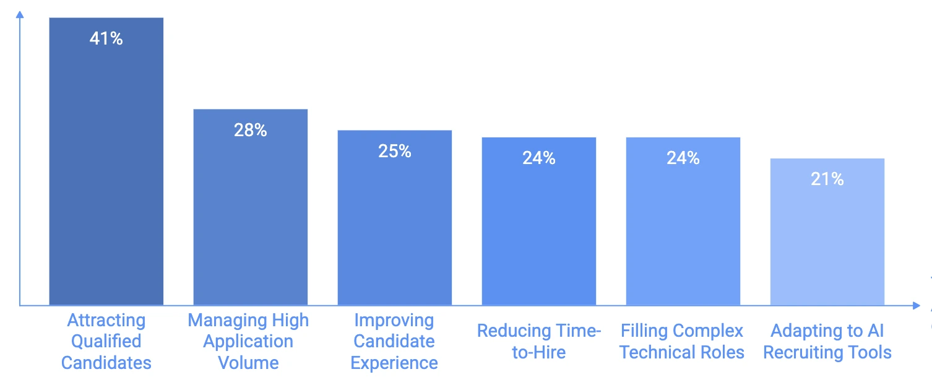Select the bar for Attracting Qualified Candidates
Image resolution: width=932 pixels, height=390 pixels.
pyautogui.click(x=106, y=173)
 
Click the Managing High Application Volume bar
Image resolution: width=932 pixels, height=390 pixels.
pyautogui.click(x=251, y=217)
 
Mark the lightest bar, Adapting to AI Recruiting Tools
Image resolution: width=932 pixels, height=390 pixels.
pyautogui.click(x=827, y=241)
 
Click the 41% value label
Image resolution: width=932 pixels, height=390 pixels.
pyautogui.click(x=106, y=39)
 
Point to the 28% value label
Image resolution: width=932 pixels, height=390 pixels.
pyautogui.click(x=251, y=130)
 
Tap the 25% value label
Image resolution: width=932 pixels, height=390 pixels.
pyautogui.click(x=395, y=151)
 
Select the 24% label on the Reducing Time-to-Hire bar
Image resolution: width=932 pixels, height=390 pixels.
pyautogui.click(x=539, y=158)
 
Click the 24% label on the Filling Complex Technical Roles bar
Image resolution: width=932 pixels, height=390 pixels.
pyautogui.click(x=683, y=158)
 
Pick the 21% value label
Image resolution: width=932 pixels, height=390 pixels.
pyautogui.click(x=827, y=180)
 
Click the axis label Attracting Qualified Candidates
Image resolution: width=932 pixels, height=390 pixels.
pyautogui.click(x=106, y=341)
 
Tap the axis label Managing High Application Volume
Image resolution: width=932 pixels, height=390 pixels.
pyautogui.click(x=248, y=341)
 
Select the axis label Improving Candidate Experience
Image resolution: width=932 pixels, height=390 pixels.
pyautogui.click(x=394, y=341)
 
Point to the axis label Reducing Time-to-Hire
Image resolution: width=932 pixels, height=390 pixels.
pyautogui.click(x=539, y=341)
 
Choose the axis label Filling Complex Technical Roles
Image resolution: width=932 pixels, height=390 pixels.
pyautogui.click(x=681, y=341)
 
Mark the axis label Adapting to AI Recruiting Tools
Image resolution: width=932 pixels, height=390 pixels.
pyautogui.click(x=827, y=341)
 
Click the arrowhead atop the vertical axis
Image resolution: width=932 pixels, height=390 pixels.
pyautogui.click(x=20, y=14)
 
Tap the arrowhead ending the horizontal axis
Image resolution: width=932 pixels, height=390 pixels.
pyautogui.click(x=916, y=305)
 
